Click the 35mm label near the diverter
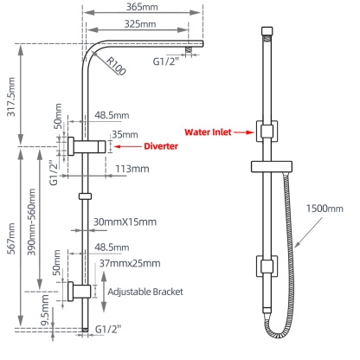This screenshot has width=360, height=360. [124, 134]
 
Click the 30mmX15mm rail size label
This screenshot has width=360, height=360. [124, 222]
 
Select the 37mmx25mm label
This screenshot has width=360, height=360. [129, 262]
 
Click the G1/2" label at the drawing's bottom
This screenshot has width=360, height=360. [109, 329]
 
